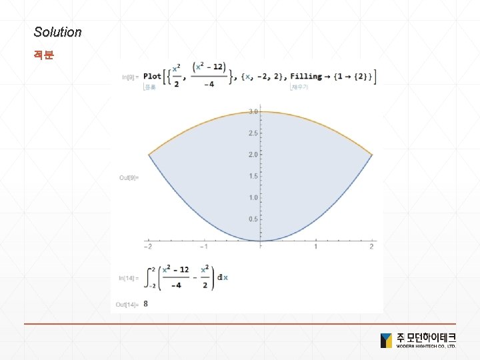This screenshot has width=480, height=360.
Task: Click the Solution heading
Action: (x=57, y=32)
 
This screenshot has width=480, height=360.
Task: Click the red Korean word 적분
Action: (x=44, y=55)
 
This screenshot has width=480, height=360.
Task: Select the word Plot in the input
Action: (x=152, y=76)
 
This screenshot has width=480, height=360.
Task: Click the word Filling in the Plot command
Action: (x=306, y=77)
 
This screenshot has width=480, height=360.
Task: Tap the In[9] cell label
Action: (x=131, y=77)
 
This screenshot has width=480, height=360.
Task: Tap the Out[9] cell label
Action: (x=129, y=177)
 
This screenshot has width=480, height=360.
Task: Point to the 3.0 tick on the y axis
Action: (x=253, y=111)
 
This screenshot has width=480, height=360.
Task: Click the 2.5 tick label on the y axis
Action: (x=253, y=133)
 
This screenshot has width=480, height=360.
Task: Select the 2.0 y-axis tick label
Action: (x=253, y=155)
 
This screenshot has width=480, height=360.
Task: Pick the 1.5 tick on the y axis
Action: (x=253, y=176)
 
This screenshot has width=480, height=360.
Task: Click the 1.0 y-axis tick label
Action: (x=253, y=198)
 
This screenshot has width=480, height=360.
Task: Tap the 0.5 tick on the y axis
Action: (x=253, y=219)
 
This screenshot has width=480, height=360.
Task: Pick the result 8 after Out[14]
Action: (x=146, y=304)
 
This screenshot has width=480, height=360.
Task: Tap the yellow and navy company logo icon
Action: (x=386, y=340)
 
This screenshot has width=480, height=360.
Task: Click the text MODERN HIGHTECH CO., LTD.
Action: (x=426, y=347)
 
